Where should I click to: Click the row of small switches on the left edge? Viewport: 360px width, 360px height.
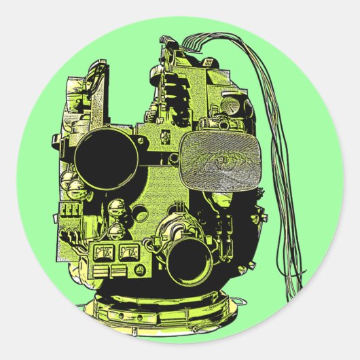click(x=68, y=210)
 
